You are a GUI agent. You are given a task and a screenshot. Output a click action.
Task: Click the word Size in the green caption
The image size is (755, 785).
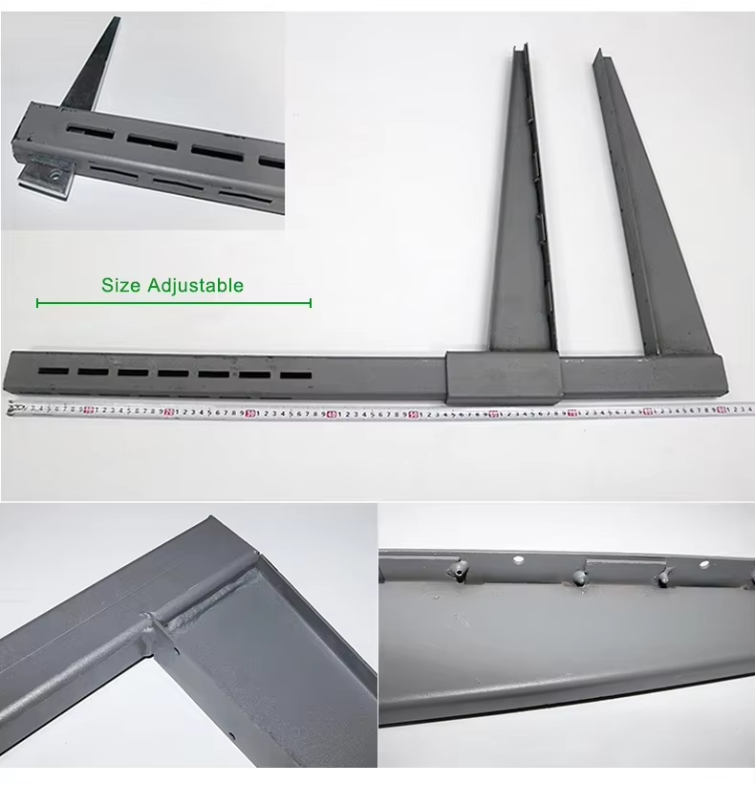click(121, 285)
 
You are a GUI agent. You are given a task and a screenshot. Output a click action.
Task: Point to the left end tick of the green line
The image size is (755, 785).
click(37, 303)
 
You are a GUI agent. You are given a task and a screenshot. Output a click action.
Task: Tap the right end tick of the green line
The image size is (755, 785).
click(311, 303)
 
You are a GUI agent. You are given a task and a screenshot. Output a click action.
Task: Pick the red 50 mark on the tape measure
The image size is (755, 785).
click(412, 414)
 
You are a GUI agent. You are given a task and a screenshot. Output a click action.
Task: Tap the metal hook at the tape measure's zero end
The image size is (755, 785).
click(11, 408)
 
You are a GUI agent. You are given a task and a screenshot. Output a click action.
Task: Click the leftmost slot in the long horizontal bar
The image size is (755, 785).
click(53, 370)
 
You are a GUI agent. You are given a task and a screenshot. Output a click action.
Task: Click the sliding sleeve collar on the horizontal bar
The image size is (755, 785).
click(503, 377)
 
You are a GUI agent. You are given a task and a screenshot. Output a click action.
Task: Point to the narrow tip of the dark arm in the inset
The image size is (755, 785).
click(116, 20)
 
